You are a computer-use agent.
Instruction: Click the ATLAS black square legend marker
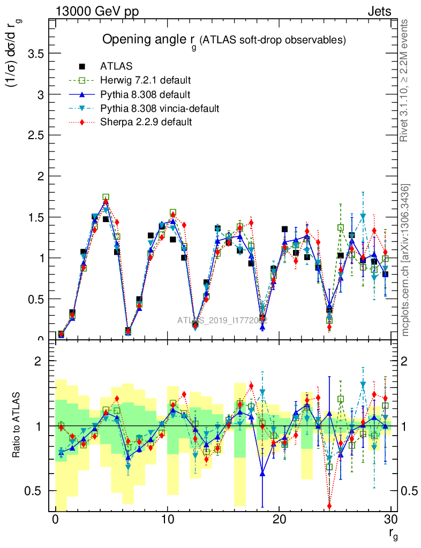82,66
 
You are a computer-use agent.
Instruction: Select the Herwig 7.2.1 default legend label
146,81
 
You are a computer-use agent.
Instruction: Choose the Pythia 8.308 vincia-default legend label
160,109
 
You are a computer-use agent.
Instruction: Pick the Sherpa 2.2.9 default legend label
146,123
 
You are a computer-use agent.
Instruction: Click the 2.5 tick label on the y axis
35,135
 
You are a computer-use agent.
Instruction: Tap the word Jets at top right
379,12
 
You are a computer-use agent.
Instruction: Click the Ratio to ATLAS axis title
17,427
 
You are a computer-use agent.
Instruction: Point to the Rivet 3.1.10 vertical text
405,80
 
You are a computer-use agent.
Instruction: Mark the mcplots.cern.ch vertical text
405,260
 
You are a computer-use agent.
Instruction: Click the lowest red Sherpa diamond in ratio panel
329,506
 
